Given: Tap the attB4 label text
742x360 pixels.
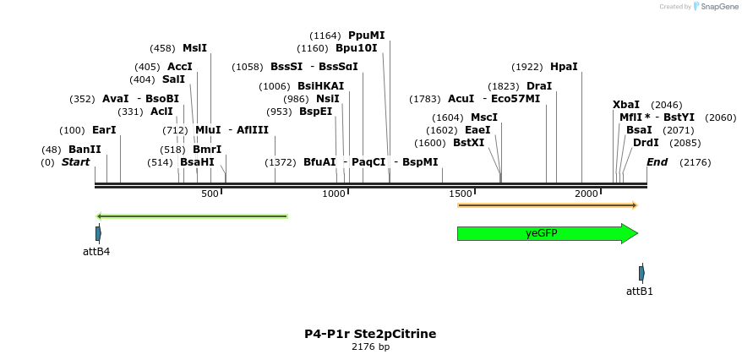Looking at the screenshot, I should click(x=96, y=251).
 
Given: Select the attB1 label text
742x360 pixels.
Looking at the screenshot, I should click(x=640, y=291).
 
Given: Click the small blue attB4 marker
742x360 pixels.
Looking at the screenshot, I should click(x=98, y=232).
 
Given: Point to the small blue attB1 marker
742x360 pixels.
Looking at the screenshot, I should click(x=641, y=273).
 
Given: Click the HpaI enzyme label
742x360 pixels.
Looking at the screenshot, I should click(x=564, y=67).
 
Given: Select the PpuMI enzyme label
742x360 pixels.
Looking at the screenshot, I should click(x=366, y=35).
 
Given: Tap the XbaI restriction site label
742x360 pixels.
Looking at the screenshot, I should click(x=626, y=105).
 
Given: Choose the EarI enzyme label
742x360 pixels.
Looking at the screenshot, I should click(x=104, y=130).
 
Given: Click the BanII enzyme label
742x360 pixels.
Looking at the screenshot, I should click(x=85, y=150).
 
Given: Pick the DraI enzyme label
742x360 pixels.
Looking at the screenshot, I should click(x=538, y=86).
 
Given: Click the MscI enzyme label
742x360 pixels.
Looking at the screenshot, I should click(x=483, y=117).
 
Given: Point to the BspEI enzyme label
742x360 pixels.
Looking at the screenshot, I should click(x=315, y=112).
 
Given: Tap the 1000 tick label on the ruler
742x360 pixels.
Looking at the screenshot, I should click(x=335, y=194).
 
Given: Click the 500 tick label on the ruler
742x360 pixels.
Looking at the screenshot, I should click(x=210, y=194).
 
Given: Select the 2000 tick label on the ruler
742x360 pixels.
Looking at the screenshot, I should click(x=587, y=194).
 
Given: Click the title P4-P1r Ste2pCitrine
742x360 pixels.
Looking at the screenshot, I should click(x=370, y=334).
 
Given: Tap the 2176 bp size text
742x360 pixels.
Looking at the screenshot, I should click(x=370, y=347).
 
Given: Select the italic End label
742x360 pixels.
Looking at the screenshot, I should click(x=657, y=162).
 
